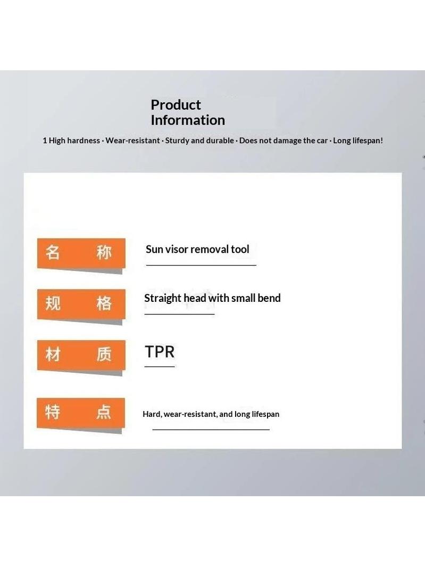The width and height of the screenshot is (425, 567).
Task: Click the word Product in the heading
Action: pos(176,105)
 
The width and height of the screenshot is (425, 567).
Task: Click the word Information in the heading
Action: pos(188,120)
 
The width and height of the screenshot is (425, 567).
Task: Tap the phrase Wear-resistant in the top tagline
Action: pos(132,141)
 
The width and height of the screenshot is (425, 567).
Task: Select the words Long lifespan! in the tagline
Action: pos(358,141)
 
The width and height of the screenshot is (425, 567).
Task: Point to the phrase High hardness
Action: pos(74,141)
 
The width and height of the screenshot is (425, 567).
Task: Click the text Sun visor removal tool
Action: pos(197,249)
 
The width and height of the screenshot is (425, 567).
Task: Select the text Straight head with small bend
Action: pos(213,298)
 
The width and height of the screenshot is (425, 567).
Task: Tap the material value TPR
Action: pos(160,351)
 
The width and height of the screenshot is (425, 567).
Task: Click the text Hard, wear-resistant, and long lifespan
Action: pos(211,414)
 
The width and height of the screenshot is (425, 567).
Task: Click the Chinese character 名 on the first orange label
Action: pos(53,252)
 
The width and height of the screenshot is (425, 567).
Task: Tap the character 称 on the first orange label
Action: pos(104,252)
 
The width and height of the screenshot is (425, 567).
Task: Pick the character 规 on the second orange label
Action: pos(53,303)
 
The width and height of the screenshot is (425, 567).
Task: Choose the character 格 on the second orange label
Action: pos(104,303)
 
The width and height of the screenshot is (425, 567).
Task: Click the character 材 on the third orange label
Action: pos(53,354)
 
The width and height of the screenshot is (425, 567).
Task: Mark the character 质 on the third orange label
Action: pos(104,354)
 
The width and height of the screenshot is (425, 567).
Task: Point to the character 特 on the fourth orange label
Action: pos(53,412)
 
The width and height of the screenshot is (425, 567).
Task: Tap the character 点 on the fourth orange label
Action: pos(103,412)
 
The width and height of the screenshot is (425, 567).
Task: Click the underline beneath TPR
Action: pos(160,367)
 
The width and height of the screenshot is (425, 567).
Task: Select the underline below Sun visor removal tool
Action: pos(201,265)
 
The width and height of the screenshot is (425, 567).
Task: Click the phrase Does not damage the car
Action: pos(284,141)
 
